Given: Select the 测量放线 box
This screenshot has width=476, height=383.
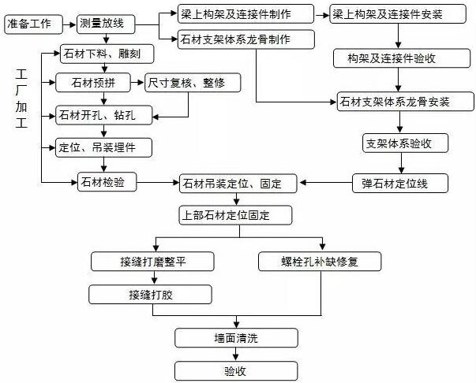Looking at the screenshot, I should [x=104, y=24].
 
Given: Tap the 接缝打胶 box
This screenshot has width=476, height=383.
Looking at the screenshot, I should [x=151, y=296].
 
